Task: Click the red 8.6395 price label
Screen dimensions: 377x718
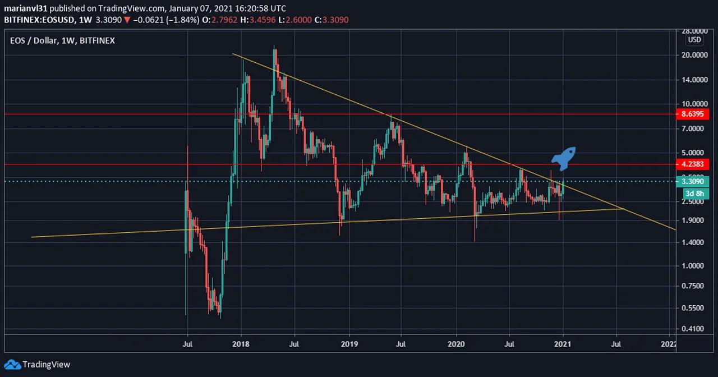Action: click(694, 114)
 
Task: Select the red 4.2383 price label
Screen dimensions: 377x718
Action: click(694, 165)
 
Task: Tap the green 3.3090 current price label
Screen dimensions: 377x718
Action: click(694, 181)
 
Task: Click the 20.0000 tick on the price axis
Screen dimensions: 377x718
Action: click(694, 55)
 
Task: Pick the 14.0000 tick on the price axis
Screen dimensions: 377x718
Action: click(694, 80)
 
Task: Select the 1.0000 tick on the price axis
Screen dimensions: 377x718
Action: click(694, 266)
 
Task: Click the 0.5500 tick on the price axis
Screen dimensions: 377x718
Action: click(694, 308)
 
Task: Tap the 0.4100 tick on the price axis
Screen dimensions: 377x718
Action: click(694, 329)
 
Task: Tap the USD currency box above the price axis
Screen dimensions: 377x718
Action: click(694, 40)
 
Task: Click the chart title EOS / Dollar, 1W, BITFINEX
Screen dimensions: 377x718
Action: click(62, 41)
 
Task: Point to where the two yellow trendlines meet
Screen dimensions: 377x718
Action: click(624, 209)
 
